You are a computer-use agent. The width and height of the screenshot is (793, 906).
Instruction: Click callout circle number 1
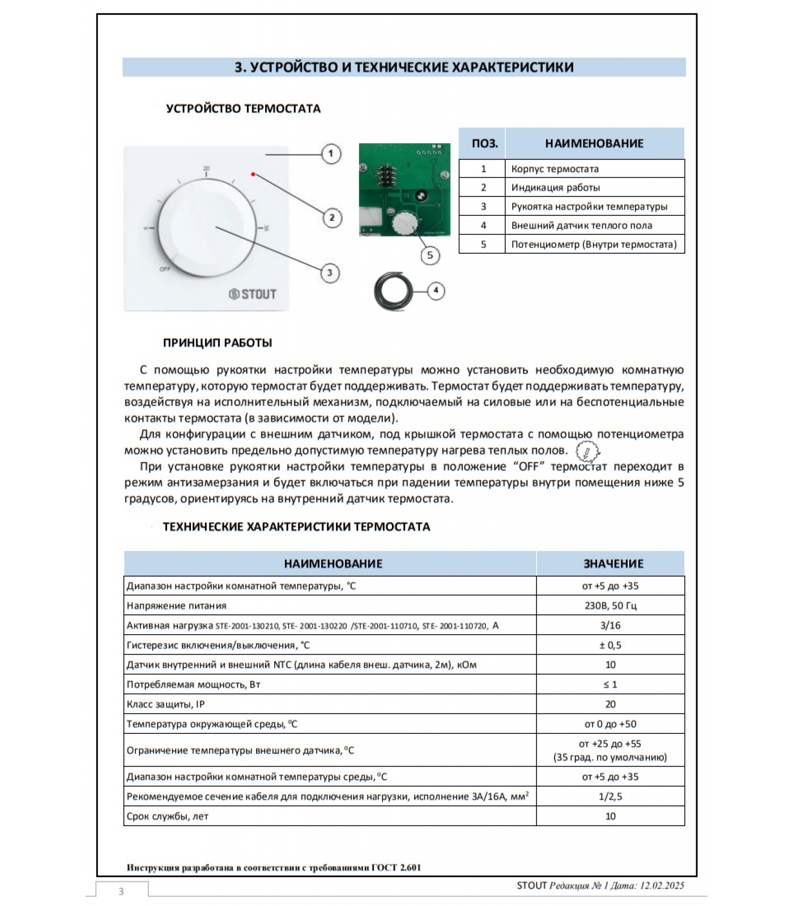[x=331, y=153]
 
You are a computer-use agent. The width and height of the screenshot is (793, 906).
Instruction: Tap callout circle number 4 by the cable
[x=436, y=290]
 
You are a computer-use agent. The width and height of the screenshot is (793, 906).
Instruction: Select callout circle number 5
[x=430, y=255]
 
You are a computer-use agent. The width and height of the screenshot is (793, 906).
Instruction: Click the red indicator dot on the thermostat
[x=253, y=174]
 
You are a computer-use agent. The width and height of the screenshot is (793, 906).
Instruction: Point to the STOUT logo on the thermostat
[x=253, y=294]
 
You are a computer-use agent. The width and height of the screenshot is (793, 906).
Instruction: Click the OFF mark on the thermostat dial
[x=165, y=269]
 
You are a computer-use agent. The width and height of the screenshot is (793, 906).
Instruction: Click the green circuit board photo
[x=404, y=190]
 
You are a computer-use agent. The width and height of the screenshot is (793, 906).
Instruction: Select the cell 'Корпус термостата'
[x=555, y=169]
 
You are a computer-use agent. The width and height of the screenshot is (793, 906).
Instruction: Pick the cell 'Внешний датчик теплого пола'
[x=581, y=225]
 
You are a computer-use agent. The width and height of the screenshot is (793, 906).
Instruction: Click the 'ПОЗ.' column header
[x=484, y=143]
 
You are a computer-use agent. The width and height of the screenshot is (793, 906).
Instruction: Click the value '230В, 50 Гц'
[x=610, y=605]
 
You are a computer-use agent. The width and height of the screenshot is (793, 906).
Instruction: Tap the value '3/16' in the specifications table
[x=610, y=625]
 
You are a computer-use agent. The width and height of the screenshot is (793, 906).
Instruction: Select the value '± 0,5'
[x=610, y=645]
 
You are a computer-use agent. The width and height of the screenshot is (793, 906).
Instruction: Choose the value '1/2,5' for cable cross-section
[x=610, y=796]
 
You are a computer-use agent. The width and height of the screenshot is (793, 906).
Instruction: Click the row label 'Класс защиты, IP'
[x=165, y=704]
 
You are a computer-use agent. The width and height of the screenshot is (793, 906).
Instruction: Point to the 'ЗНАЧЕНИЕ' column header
[x=613, y=563]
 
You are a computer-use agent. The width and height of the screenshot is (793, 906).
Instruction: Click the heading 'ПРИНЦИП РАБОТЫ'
[x=218, y=343]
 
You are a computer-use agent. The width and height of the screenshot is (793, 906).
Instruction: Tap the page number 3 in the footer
[x=121, y=891]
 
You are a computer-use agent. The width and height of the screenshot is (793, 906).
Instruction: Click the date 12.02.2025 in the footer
[x=662, y=886]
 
